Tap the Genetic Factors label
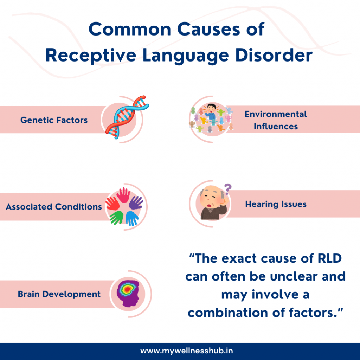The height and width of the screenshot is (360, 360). tap(54, 120)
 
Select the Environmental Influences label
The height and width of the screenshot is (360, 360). tap(276, 120)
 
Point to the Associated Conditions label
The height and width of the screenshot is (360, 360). tap(54, 207)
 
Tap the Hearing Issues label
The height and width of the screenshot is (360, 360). tap(276, 204)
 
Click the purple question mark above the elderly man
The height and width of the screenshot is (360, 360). tap(228, 189)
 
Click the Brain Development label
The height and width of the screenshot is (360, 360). tap(59, 294)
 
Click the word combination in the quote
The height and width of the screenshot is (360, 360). tap(228, 312)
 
